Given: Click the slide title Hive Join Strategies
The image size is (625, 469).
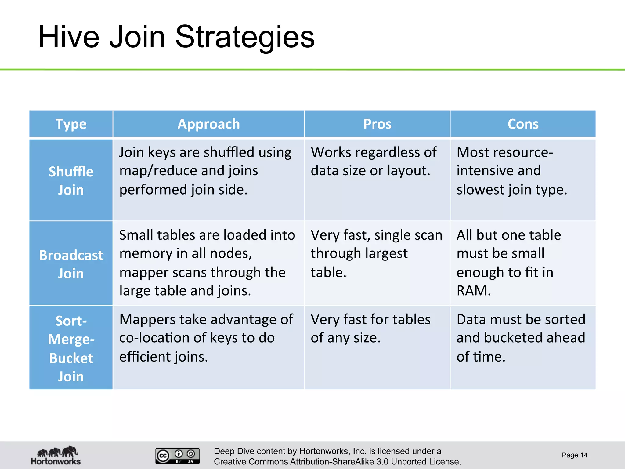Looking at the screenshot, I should [176, 37].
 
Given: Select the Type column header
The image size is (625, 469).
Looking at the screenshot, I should [71, 124].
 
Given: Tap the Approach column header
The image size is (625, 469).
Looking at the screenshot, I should [208, 124].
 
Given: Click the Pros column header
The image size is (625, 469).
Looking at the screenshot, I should [377, 124].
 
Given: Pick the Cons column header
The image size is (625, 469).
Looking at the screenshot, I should [523, 124].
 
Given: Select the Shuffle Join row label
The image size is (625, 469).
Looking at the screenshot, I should [71, 180].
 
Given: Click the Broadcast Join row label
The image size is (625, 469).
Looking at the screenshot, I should [71, 264].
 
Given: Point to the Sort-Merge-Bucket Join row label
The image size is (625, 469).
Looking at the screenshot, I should [71, 348].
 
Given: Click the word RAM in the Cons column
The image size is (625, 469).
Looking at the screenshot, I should [473, 291].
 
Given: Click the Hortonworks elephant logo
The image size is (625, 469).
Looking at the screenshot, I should [56, 455].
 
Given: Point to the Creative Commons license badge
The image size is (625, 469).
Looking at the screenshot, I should [178, 456].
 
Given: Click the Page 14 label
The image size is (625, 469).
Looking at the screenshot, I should [574, 455].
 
